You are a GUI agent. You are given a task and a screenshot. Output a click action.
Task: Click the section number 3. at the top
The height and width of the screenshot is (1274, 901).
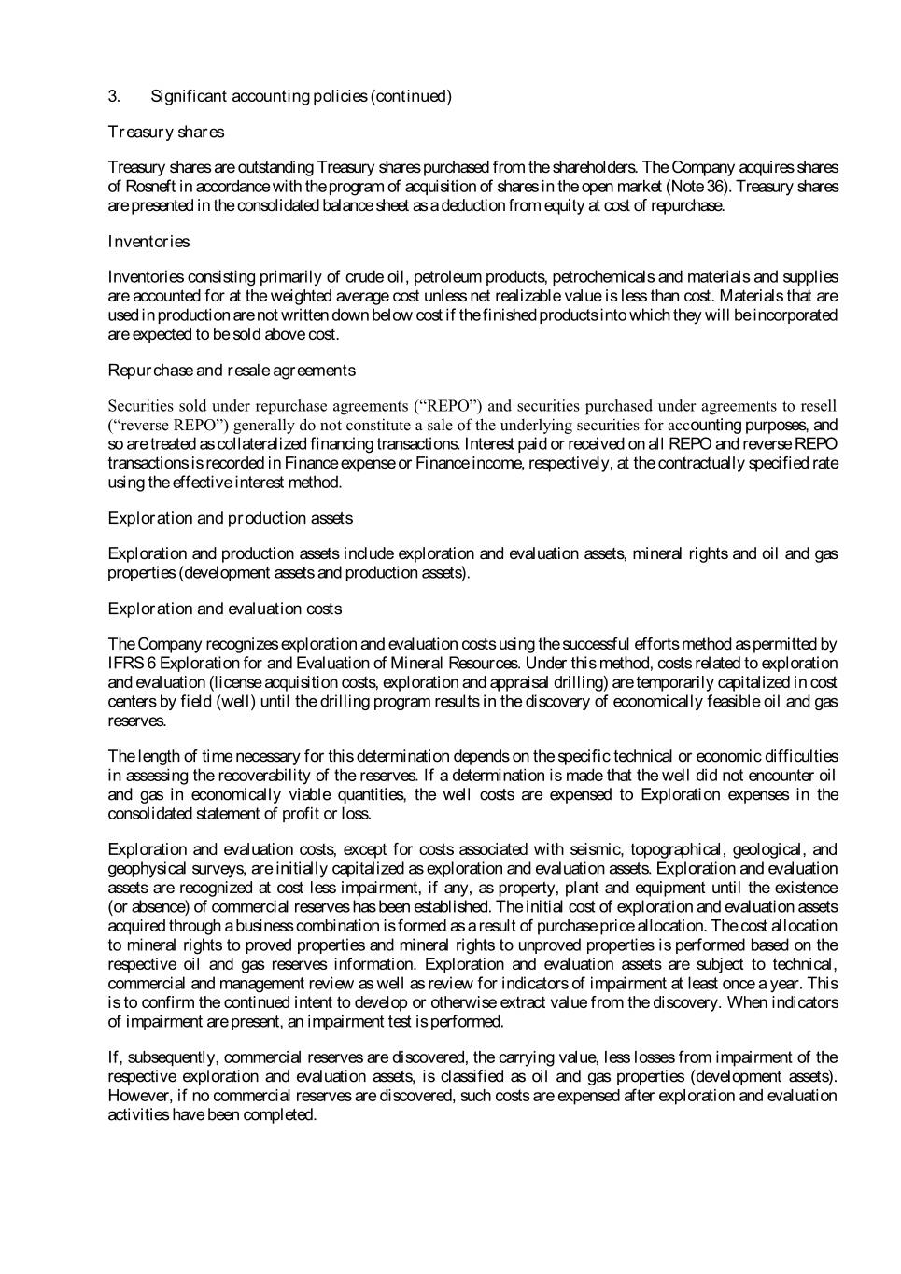point(114,96)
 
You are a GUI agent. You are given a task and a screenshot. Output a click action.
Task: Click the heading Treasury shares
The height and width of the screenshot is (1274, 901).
point(166,132)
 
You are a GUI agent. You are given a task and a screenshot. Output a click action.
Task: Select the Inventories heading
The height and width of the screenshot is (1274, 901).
point(148,242)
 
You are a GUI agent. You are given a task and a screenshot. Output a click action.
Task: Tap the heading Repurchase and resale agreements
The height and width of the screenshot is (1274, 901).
point(232,371)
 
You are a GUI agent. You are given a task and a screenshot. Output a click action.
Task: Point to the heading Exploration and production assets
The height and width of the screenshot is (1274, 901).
point(231,518)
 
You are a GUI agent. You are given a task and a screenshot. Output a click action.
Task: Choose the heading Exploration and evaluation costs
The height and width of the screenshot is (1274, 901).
point(225,609)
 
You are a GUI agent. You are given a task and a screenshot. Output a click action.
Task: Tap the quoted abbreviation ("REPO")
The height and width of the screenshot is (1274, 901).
point(448,406)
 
